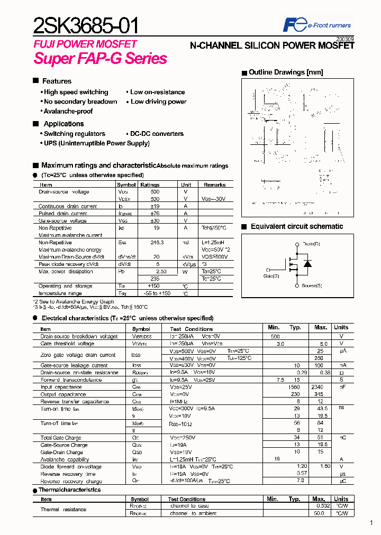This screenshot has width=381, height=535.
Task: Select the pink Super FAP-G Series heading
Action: point(101,59)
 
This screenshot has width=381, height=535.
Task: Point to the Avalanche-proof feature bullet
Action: point(68,111)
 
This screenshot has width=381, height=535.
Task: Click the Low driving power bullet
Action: point(158,102)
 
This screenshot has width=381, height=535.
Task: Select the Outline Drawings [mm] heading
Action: point(285,72)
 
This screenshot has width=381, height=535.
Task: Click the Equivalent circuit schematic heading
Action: point(296,226)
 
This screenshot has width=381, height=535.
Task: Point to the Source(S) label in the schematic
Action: point(312,286)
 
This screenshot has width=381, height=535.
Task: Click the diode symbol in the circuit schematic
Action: point(308,263)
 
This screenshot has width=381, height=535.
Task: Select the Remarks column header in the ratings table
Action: point(214,185)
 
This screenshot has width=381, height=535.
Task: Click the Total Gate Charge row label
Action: point(61,438)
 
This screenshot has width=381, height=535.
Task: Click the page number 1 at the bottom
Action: point(371,523)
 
